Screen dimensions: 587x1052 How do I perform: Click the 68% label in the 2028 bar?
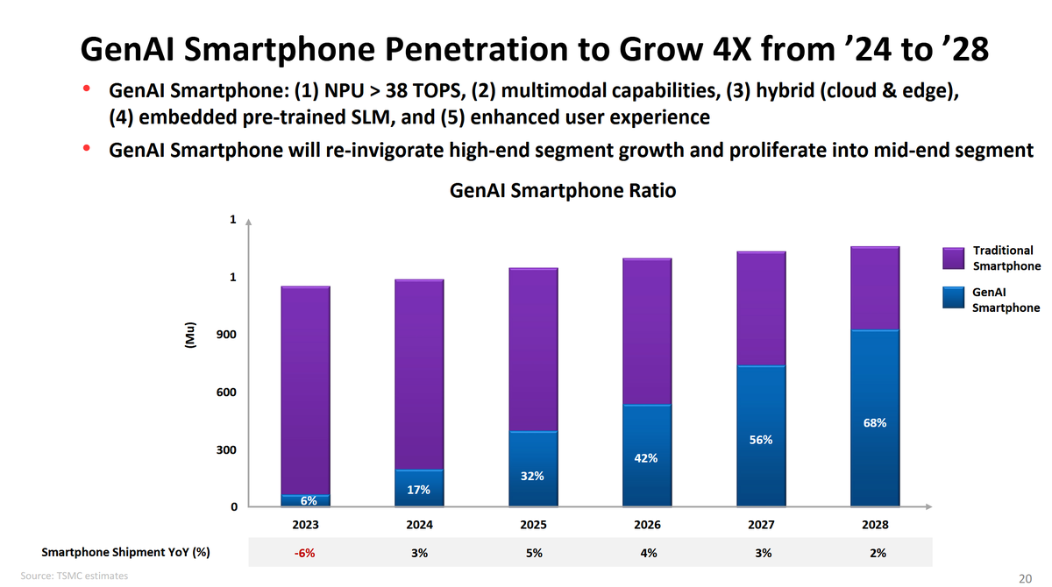click(x=875, y=423)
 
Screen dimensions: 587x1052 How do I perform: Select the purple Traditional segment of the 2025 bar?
click(x=533, y=349)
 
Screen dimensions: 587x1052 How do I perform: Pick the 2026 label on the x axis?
click(x=647, y=525)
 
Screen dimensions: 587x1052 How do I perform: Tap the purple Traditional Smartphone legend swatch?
click(x=955, y=258)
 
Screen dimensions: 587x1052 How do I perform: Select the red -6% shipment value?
click(x=305, y=553)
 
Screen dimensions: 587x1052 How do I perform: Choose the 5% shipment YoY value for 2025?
click(x=533, y=553)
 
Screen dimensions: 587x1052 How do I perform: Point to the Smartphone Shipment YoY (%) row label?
click(x=125, y=553)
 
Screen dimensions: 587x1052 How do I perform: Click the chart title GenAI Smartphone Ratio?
click(x=562, y=191)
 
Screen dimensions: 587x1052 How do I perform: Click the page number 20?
click(x=1025, y=577)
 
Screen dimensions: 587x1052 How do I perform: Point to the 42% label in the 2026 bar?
click(x=647, y=458)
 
